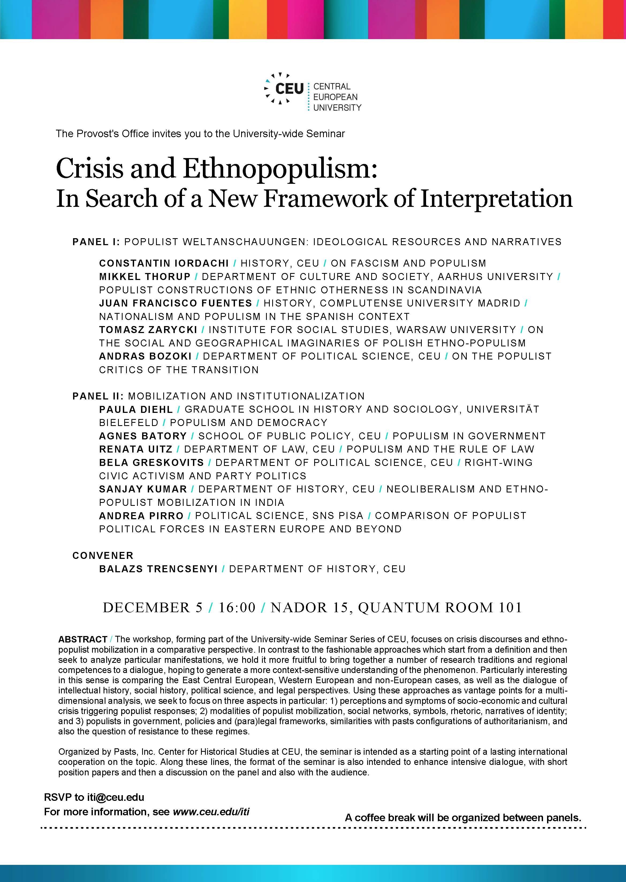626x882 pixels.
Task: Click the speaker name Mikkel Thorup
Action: pyautogui.click(x=145, y=277)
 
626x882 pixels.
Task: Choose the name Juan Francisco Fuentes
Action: pyautogui.click(x=175, y=303)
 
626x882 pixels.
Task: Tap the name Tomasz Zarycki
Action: pyautogui.click(x=148, y=330)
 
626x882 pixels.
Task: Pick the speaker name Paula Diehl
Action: pyautogui.click(x=136, y=409)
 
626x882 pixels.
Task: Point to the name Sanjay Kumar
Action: pyautogui.click(x=143, y=489)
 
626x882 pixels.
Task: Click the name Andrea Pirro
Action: pyautogui.click(x=141, y=516)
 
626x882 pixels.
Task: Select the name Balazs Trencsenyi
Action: pyautogui.click(x=158, y=569)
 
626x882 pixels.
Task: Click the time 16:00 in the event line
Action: pyautogui.click(x=237, y=608)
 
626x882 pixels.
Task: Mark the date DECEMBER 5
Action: pyautogui.click(x=152, y=608)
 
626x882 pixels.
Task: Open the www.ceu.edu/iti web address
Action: pyautogui.click(x=211, y=812)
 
